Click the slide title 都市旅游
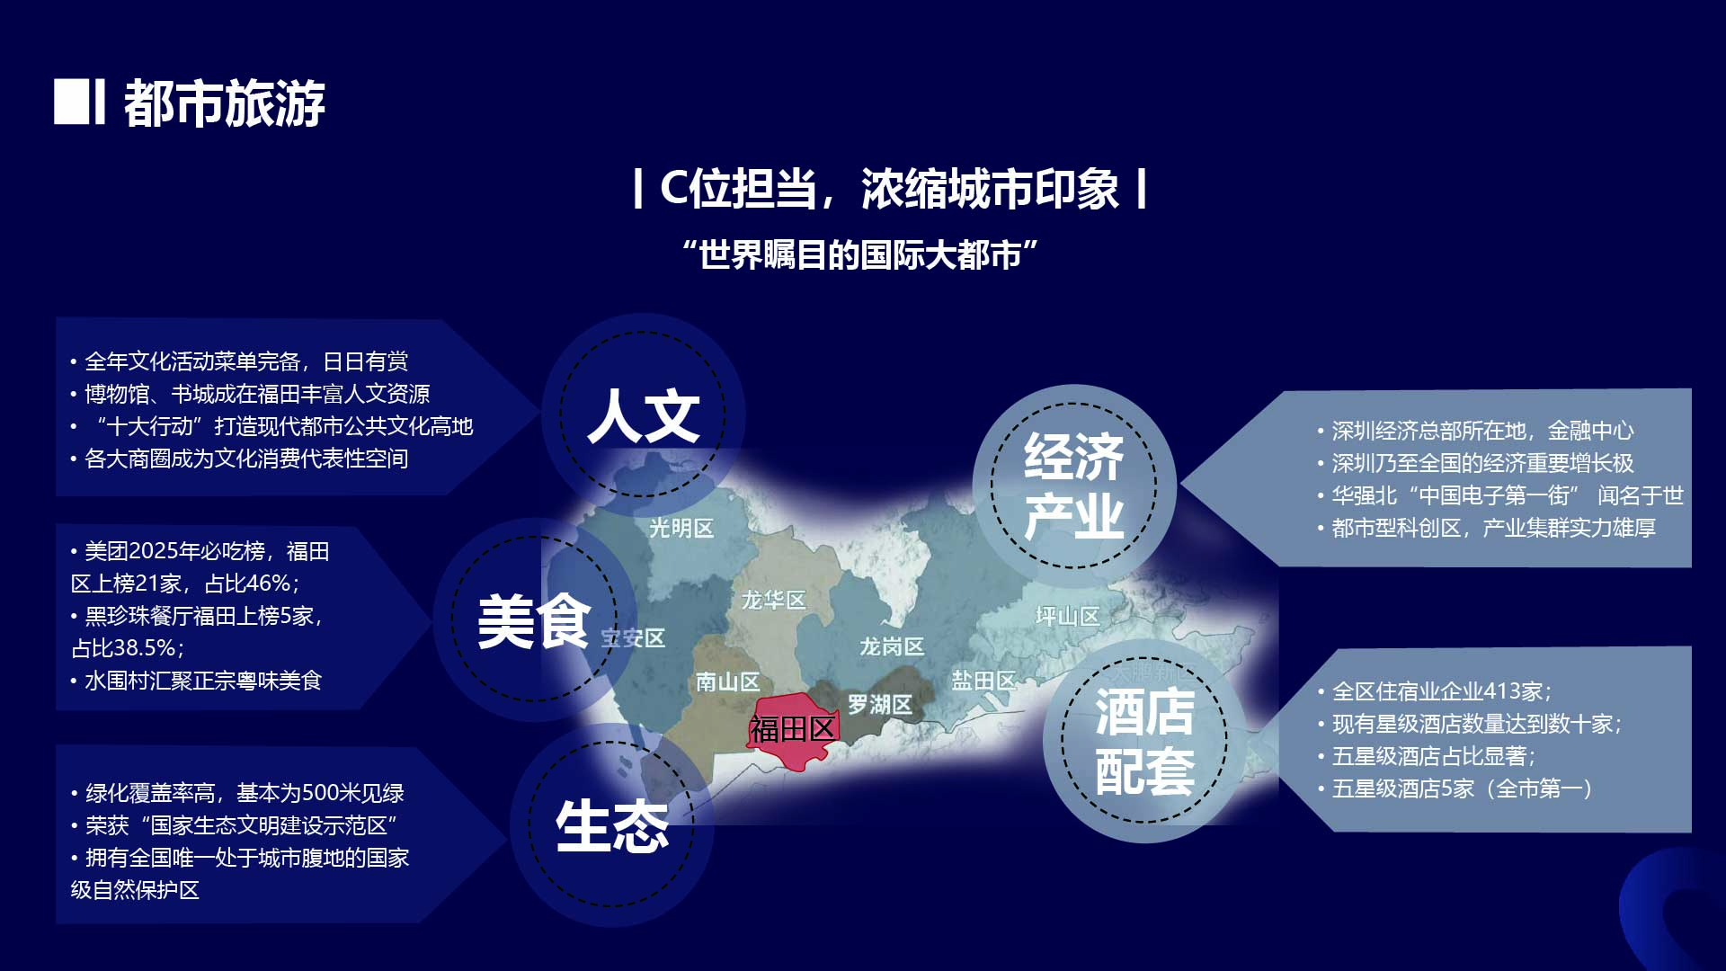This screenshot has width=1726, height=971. click(x=224, y=103)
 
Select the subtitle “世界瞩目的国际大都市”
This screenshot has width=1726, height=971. click(x=860, y=254)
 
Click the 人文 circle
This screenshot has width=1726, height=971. click(x=643, y=414)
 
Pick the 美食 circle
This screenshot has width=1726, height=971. click(x=535, y=619)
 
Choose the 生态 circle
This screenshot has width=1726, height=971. click(x=611, y=825)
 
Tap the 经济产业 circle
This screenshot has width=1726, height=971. click(x=1074, y=485)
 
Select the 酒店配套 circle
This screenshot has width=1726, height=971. click(x=1144, y=741)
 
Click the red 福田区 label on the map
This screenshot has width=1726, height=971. click(x=793, y=729)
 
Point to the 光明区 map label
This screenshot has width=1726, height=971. click(x=681, y=528)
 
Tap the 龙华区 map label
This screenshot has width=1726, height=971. click(x=773, y=600)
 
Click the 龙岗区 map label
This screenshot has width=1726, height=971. click(x=892, y=646)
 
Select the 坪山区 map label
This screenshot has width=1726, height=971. click(x=1068, y=616)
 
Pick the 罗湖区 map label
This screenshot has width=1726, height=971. click(x=880, y=705)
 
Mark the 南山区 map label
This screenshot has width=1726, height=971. click(x=727, y=682)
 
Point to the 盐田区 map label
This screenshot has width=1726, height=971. click(x=983, y=681)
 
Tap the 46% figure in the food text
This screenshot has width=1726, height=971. click(x=268, y=583)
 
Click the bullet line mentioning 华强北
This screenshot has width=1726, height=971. click(x=1500, y=495)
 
